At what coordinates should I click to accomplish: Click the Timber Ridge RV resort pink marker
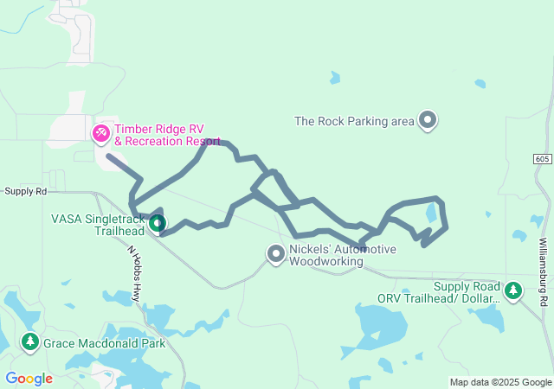pyautogui.click(x=101, y=132)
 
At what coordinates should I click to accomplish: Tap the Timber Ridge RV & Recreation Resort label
pyautogui.click(x=166, y=134)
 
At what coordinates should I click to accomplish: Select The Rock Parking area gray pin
pyautogui.click(x=427, y=120)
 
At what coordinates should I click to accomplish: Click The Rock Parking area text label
pyautogui.click(x=355, y=121)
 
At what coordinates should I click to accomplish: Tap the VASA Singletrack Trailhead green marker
pyautogui.click(x=157, y=224)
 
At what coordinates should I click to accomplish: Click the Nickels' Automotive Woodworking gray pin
pyautogui.click(x=276, y=254)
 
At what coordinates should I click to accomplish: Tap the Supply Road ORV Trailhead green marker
pyautogui.click(x=513, y=291)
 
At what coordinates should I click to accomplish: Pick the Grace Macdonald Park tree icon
pyautogui.click(x=30, y=342)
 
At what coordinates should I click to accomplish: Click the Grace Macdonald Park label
pyautogui.click(x=104, y=342)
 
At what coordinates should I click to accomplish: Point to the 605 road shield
pyautogui.click(x=542, y=159)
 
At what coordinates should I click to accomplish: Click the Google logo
pyautogui.click(x=29, y=378)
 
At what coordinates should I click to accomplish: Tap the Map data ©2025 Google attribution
pyautogui.click(x=500, y=382)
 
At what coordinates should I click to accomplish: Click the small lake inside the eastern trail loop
pyautogui.click(x=431, y=213)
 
